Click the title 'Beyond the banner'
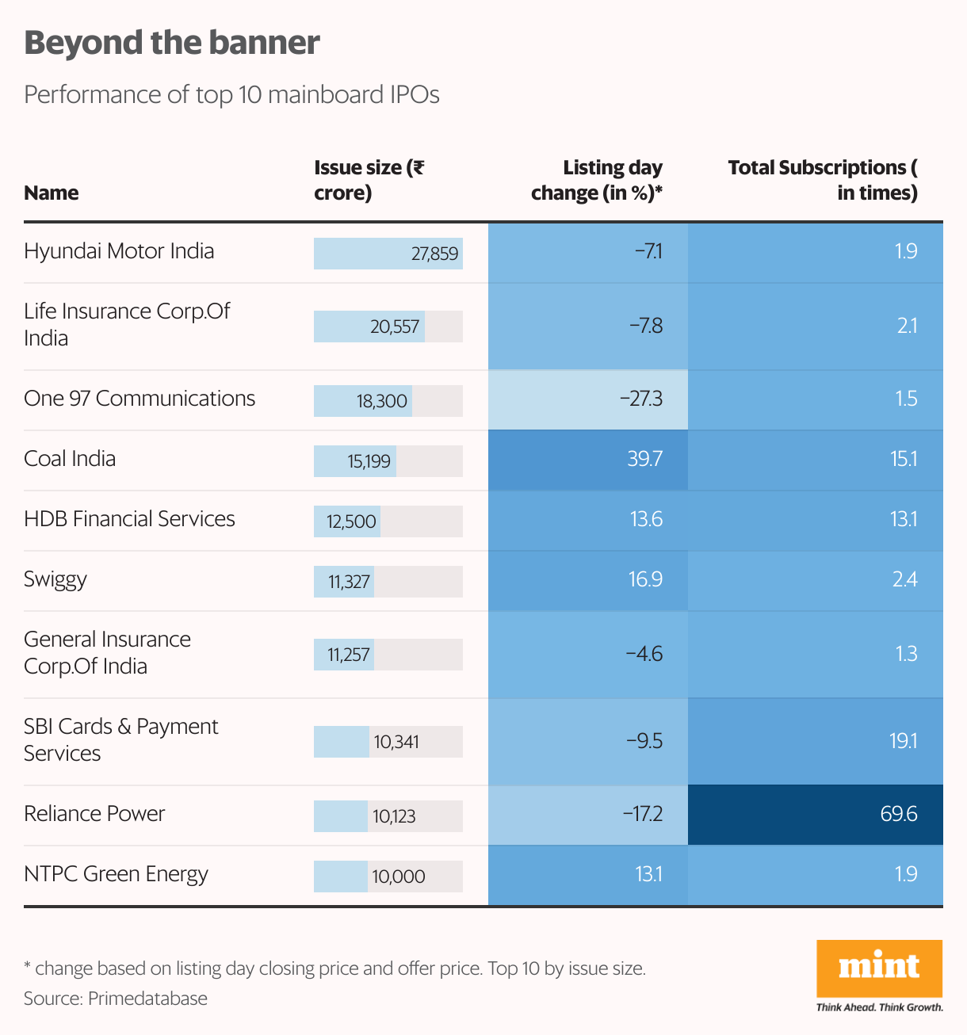[172, 43]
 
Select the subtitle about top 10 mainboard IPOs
[231, 94]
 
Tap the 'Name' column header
[52, 193]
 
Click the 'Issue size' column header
[369, 180]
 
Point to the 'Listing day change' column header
[597, 180]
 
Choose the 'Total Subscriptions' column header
[823, 180]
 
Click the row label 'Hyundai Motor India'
[119, 251]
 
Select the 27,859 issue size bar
[388, 254]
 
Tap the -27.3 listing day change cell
[588, 399]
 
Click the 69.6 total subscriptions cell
[816, 814]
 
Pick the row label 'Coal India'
[70, 459]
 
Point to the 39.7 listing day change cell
[588, 459]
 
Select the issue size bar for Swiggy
[344, 582]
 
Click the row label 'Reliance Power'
[94, 814]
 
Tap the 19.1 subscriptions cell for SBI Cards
[816, 741]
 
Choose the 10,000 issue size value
[399, 877]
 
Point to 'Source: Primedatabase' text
[116, 999]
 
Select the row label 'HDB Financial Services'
[129, 519]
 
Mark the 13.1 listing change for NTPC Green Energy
[588, 874]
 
